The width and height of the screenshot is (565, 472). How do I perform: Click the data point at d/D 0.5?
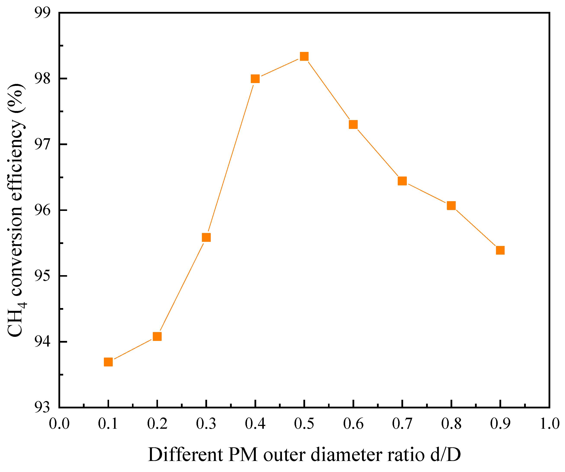pos(304,56)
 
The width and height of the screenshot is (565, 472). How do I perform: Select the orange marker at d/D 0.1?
pos(108,362)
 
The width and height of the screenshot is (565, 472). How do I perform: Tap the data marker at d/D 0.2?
pos(157,336)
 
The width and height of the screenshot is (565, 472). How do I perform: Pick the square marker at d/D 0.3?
pos(206,238)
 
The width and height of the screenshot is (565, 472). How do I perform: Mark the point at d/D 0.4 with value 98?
pos(255,79)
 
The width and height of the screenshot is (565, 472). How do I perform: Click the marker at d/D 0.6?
pos(353,125)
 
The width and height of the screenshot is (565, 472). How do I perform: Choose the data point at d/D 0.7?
pos(402,181)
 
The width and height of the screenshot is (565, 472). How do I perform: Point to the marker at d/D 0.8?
pos(451,205)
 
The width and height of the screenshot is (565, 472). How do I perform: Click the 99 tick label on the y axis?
pos(42,13)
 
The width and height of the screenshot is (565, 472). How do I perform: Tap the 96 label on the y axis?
pos(42,210)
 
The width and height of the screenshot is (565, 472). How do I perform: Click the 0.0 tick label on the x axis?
pos(59,424)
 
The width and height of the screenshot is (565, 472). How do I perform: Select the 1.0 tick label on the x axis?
pos(549,424)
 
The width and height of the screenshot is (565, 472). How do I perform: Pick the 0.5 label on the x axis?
pos(304,424)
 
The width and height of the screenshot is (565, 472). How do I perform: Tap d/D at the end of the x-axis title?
pos(446,455)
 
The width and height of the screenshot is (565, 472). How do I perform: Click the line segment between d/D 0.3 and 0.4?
pos(231,158)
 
